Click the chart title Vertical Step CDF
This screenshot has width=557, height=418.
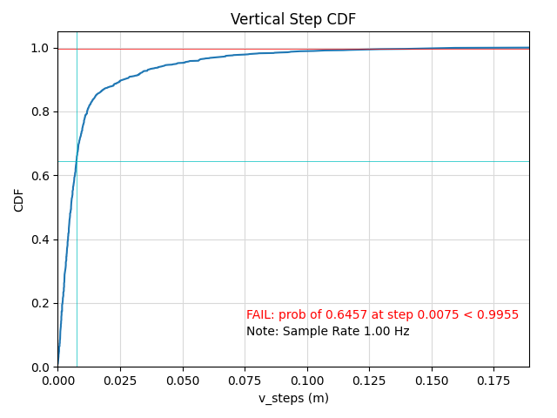292,19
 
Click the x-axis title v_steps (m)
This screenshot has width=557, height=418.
293,398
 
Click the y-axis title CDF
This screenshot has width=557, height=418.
19,199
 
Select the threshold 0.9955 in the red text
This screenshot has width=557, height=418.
500,315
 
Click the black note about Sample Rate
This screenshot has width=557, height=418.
327,332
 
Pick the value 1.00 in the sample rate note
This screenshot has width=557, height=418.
376,332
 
